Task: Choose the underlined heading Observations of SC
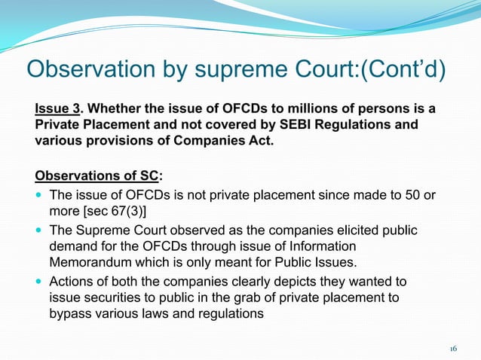97,176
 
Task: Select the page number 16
453,348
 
